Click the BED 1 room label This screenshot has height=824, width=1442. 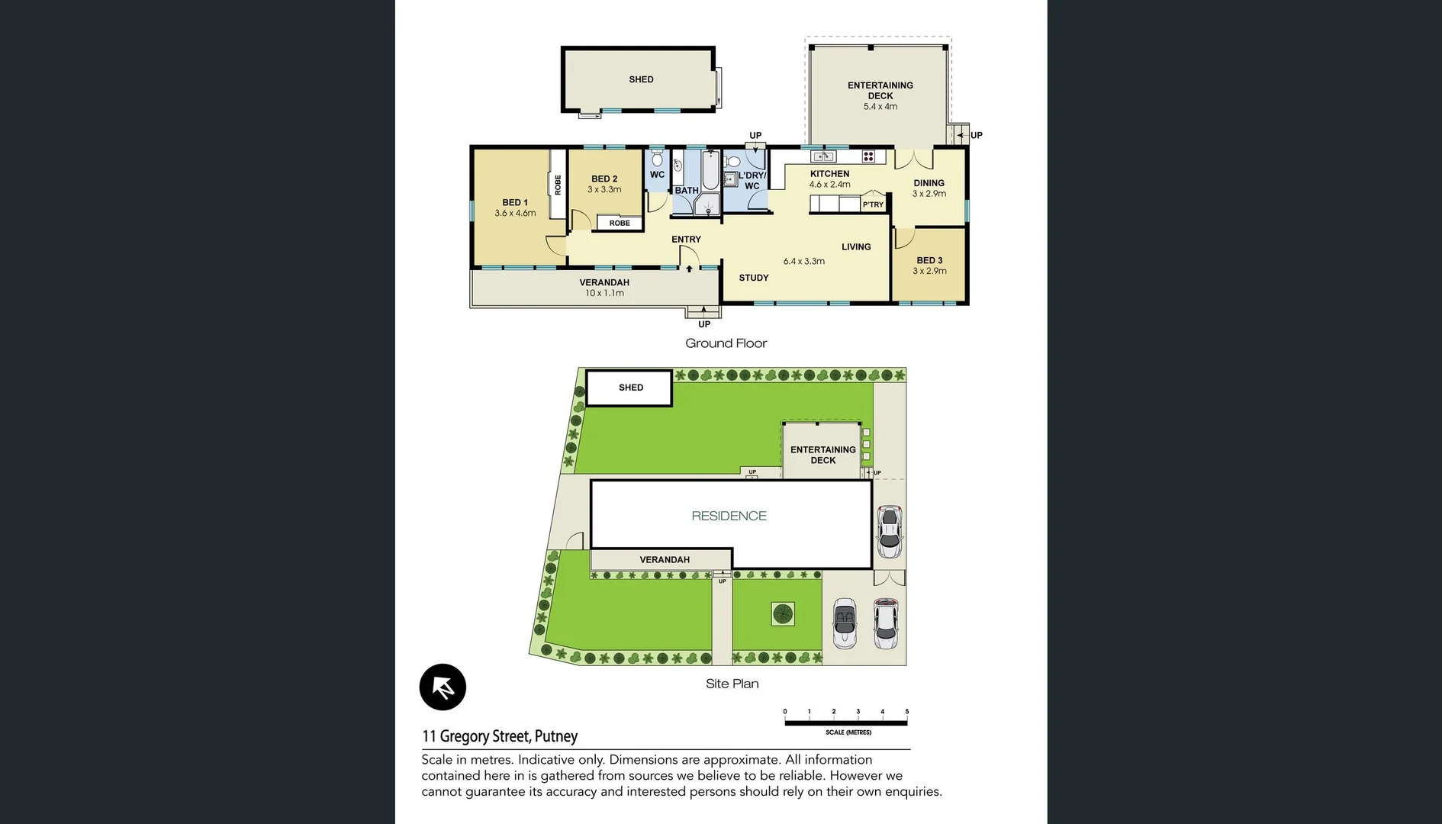coord(515,202)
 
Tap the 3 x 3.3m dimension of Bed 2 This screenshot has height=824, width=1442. coord(604,189)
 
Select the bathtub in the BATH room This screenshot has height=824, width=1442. coord(710,170)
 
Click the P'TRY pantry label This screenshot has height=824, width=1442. coord(873,204)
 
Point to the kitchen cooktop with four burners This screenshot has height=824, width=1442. coord(868,156)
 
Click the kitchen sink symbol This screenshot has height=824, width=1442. coord(823,156)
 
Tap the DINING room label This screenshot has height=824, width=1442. coord(929,183)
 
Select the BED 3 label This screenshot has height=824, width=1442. coord(929,260)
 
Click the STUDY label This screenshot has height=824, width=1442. coord(754,278)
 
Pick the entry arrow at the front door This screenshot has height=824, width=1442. coord(689,269)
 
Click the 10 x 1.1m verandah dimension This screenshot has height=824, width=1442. coord(604,293)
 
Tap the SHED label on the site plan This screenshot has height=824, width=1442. coord(631,388)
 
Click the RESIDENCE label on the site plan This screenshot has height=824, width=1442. coord(729,516)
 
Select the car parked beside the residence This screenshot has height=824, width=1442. coord(889,531)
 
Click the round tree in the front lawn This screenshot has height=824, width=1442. coord(783,613)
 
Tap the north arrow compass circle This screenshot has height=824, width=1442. coord(443,687)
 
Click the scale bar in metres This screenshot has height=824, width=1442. coord(846,722)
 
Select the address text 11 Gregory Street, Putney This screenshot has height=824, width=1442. coord(500,736)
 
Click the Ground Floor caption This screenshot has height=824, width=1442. coord(726,343)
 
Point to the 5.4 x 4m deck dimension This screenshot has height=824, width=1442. coord(880,107)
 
